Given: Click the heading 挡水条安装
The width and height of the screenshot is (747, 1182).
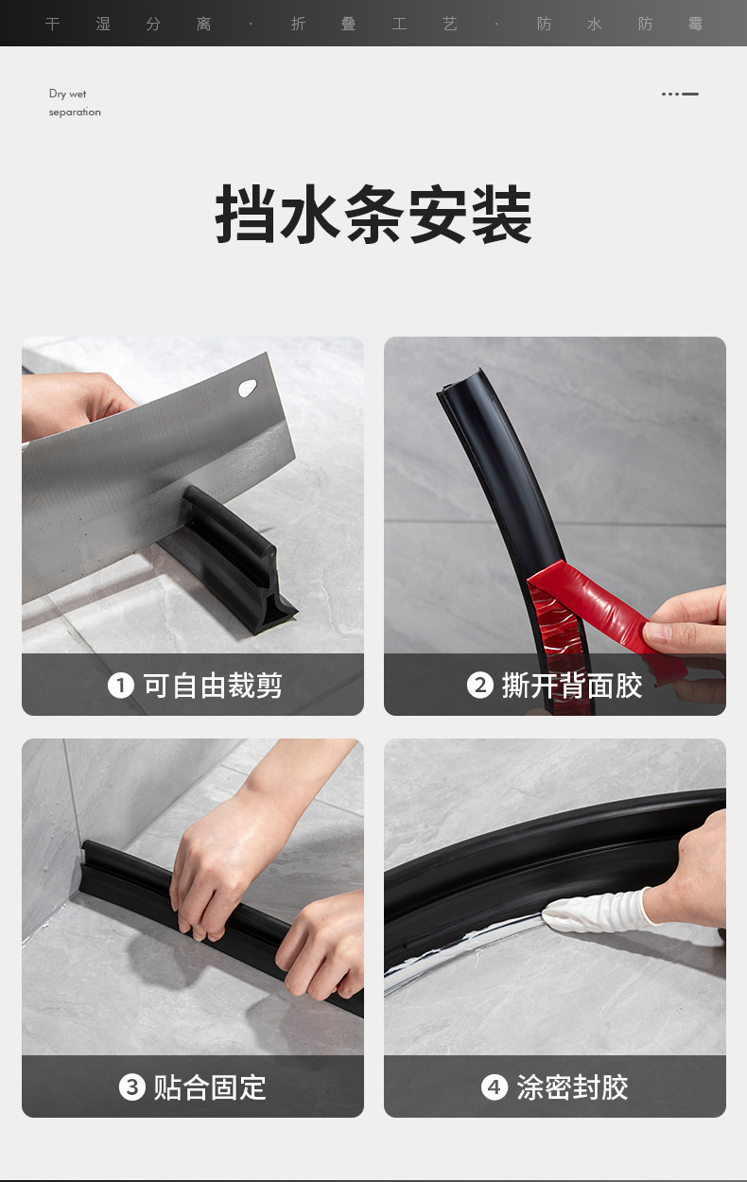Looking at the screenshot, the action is [373, 215].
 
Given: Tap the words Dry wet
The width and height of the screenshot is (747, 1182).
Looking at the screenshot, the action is [67, 94].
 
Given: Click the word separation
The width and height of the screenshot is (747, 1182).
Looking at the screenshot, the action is [75, 112].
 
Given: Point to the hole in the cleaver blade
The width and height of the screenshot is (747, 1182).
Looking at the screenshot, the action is [247, 389].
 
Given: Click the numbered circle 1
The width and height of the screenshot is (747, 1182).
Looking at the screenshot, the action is [121, 686].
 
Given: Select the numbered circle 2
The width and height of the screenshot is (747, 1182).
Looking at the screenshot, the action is [480, 686].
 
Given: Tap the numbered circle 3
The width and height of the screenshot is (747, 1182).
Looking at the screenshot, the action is [131, 1087].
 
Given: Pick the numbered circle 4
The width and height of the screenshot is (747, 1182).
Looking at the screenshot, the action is [495, 1087].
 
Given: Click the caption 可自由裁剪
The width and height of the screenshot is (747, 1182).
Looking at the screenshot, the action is [213, 686].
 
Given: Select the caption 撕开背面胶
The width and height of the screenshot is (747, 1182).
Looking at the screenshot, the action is [572, 686].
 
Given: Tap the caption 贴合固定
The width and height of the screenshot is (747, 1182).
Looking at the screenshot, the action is [209, 1087].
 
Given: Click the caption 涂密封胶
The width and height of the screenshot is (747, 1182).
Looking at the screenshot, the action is [572, 1087].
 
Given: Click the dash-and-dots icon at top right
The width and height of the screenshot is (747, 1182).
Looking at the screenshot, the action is [680, 94].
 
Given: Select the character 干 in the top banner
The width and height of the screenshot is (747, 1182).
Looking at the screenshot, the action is [52, 24].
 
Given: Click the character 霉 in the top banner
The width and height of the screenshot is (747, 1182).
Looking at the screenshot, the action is [695, 24].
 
